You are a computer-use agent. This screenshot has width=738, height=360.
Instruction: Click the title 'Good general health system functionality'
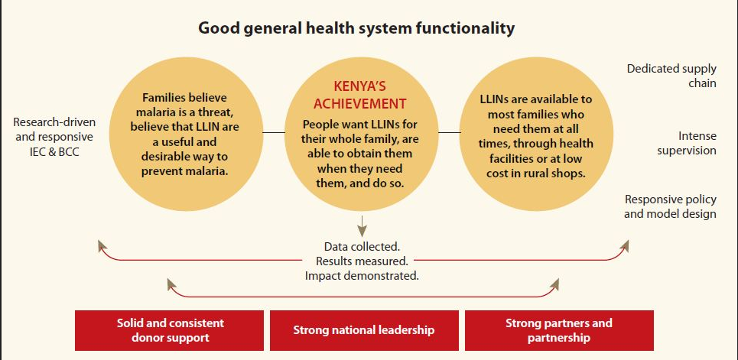click(x=356, y=29)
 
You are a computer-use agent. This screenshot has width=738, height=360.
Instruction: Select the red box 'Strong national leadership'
click(x=364, y=330)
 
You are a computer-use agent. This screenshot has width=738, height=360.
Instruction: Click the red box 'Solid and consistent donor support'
click(x=171, y=330)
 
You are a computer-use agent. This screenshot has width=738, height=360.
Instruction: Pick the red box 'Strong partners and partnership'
click(x=559, y=330)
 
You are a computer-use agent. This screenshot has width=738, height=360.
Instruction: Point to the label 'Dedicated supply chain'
click(x=671, y=75)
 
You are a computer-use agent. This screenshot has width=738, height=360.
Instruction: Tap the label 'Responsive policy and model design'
click(x=670, y=206)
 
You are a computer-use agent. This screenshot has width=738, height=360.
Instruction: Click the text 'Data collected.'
click(x=362, y=247)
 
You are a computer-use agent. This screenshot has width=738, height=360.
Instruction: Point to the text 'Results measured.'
click(x=362, y=261)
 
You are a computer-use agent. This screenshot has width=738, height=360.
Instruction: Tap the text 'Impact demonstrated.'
click(x=362, y=275)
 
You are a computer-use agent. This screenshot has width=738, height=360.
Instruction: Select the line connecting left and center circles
click(x=274, y=132)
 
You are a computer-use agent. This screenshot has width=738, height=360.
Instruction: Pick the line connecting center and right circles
click(x=450, y=132)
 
